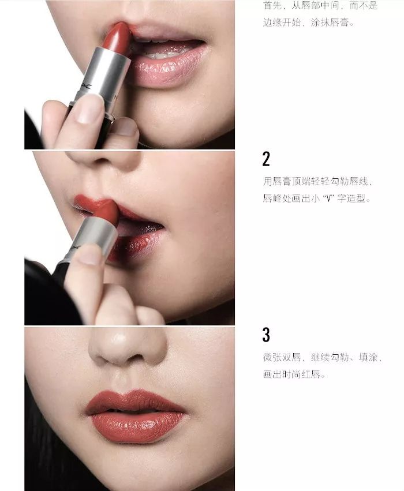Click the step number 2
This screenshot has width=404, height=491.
pos(266,159)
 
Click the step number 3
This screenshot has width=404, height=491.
pos(266,335)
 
